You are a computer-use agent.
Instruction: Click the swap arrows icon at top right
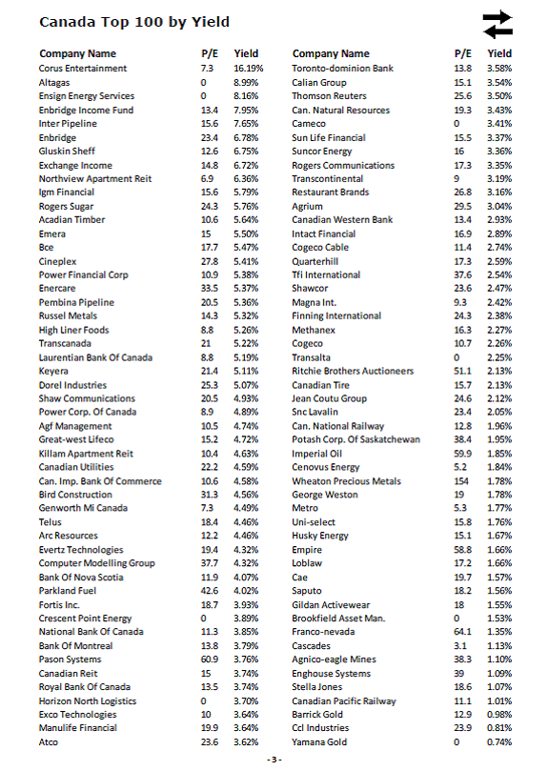click(497, 24)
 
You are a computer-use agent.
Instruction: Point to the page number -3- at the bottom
click(274, 759)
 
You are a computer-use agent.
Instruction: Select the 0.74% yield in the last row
click(499, 742)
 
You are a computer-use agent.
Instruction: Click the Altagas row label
click(54, 83)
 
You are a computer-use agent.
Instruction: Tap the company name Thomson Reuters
click(329, 96)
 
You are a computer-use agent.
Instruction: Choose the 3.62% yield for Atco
click(246, 742)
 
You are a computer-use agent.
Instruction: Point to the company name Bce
click(47, 248)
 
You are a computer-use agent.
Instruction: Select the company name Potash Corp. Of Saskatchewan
click(355, 440)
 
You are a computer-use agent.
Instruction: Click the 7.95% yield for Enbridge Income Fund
click(246, 111)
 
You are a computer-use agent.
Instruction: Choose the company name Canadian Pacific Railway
click(344, 701)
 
